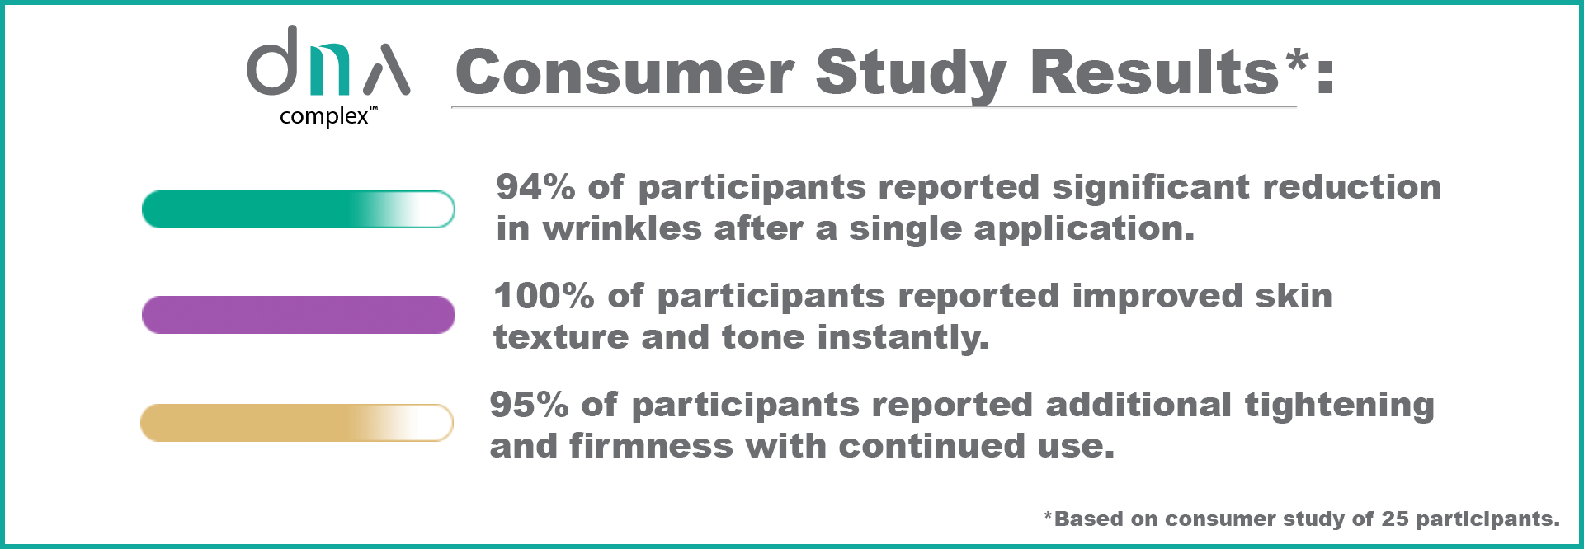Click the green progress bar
pos(298,209)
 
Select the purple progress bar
pos(298,315)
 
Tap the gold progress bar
pos(297,423)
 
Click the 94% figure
pos(535,187)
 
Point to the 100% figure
pos(544,296)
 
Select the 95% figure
pos(529,405)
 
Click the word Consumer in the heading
pos(625,73)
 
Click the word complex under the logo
pos(323,117)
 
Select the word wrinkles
pos(622,228)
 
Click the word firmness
pos(651,446)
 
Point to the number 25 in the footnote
pos(1395,518)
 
